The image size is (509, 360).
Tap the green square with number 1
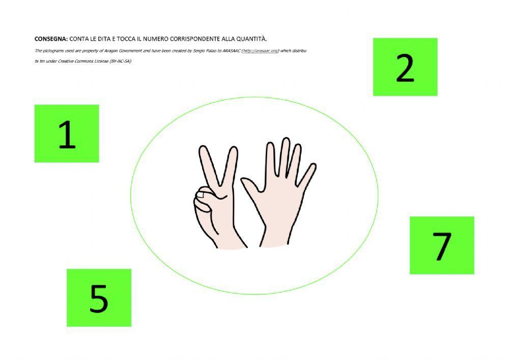click(67, 133)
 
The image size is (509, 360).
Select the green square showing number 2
click(405, 67)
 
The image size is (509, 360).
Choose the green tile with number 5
click(99, 297)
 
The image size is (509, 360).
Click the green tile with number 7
click(441, 245)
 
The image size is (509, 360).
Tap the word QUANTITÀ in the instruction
click(252, 39)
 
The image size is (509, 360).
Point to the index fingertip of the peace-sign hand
click(203, 151)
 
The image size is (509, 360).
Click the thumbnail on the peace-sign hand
click(203, 193)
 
